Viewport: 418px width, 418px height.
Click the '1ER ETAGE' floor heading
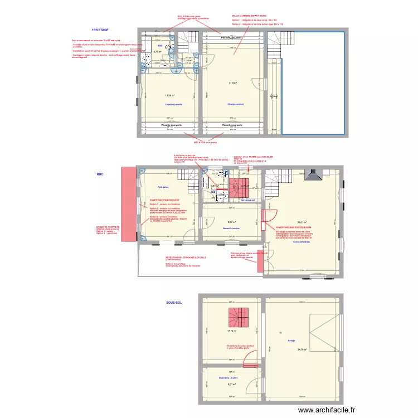(x=100, y=29)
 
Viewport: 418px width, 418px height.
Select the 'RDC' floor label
(x=100, y=174)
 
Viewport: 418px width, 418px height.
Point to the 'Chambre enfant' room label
(x=236, y=105)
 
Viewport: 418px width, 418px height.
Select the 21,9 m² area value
(x=232, y=84)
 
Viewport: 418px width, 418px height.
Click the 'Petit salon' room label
(x=163, y=188)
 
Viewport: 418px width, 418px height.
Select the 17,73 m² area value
(x=232, y=331)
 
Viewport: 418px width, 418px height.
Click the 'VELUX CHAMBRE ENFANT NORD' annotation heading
(x=249, y=16)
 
